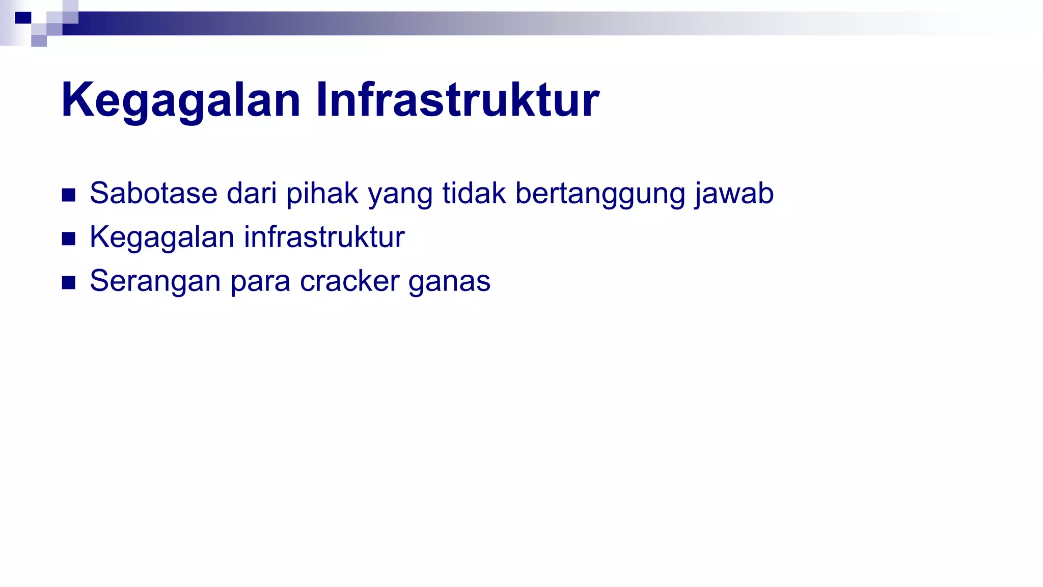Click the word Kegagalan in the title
tap(181, 100)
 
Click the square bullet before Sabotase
tap(69, 195)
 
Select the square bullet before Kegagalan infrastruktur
tap(69, 238)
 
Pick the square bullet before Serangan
tap(69, 282)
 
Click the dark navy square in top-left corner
tap(23, 18)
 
